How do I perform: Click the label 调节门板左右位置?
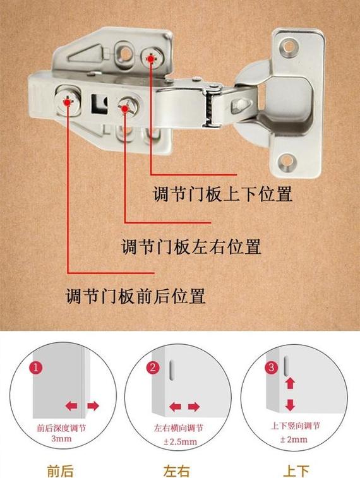pos(191,246)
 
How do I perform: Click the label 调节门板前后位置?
pos(136,296)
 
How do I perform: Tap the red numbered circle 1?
pos(37,367)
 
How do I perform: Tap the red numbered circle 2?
pos(152,367)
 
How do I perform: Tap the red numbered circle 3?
pos(272,367)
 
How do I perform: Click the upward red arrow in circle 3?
pos(290,383)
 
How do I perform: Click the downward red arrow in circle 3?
pos(290,405)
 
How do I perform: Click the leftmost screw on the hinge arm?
pos(67,100)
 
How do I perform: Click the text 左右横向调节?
pos(179,427)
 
